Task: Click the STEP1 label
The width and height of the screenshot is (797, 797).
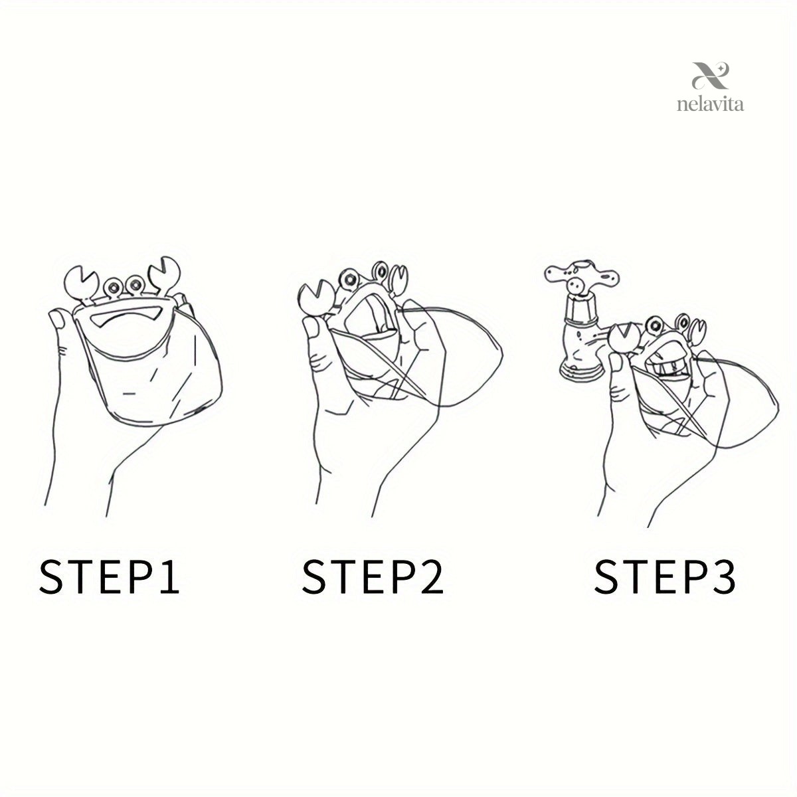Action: coord(110,577)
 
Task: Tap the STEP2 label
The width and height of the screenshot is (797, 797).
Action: coord(373,577)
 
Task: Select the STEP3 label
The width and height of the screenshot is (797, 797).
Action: coord(665,577)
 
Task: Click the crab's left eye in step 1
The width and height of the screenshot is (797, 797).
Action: coord(113,286)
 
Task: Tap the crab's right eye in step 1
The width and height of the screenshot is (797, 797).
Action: coord(135,284)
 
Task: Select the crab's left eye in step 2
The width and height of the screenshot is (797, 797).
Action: coord(351,280)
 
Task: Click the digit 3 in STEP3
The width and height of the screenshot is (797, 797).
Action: coord(723,577)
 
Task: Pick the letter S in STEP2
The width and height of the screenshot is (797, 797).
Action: coord(315,577)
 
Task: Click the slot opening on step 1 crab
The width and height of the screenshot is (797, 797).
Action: coord(127,317)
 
